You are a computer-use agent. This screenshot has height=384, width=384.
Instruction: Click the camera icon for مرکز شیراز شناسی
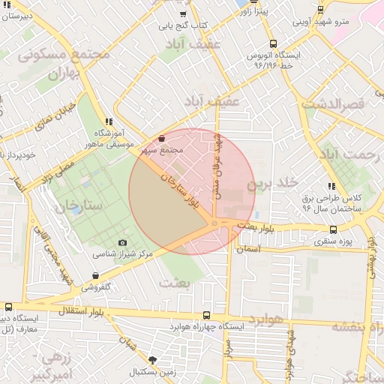point(123,242)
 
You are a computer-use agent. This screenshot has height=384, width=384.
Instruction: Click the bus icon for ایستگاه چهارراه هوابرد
point(207,316)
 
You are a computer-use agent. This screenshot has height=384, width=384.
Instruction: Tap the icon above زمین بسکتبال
point(153,360)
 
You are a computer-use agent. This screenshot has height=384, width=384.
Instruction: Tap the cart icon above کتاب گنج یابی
point(183,14)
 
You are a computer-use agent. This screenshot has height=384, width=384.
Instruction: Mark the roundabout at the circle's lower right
point(214,223)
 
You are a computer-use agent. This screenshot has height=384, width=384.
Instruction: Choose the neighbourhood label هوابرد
point(262,319)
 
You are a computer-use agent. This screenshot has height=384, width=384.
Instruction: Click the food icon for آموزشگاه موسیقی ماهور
point(109,121)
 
